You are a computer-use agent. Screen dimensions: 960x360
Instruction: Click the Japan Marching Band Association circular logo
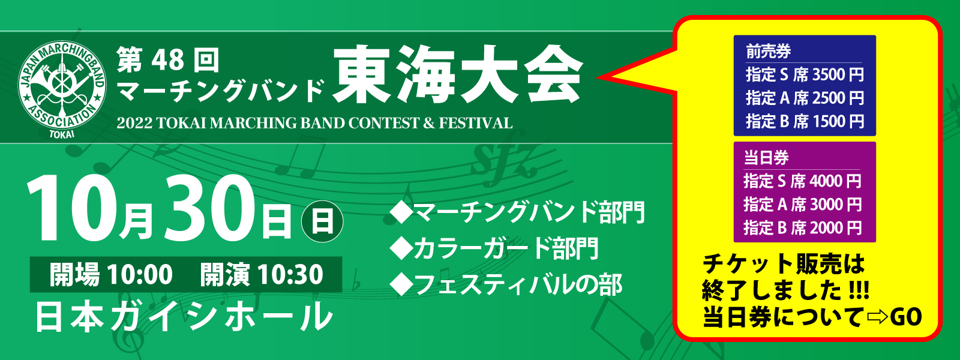coord(62,87)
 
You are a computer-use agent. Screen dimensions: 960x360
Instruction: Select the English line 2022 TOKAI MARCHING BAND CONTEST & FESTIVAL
coord(314,124)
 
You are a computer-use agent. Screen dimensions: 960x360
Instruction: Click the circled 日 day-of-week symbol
coord(322,221)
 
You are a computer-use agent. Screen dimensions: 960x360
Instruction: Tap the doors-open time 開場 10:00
coord(111,274)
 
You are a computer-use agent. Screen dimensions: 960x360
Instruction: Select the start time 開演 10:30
coord(262,274)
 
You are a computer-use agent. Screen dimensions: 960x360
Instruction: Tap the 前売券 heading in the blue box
coord(769,52)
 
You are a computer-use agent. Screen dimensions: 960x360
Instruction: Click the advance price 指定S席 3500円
coord(805,74)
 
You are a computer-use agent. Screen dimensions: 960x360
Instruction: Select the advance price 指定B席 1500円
coord(805,121)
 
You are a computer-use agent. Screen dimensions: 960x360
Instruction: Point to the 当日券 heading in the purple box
coord(766,158)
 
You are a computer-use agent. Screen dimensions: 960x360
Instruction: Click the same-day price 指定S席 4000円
coord(802,181)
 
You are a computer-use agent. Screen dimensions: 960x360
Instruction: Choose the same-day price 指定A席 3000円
coord(802,205)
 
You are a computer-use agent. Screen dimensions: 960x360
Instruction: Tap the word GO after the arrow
coord(905,317)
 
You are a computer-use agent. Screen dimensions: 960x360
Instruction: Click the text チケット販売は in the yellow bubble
coord(784,264)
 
